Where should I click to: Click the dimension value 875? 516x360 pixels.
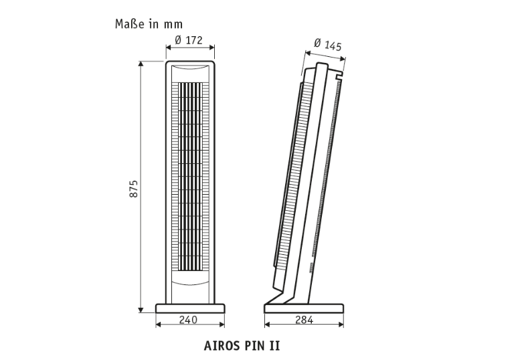point(133,189)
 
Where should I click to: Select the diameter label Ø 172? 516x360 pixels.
point(189,40)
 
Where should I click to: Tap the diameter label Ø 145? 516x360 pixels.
point(328,45)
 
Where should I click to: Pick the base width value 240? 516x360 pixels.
point(188,320)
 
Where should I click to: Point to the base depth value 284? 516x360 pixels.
point(304,320)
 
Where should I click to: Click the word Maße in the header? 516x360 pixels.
point(131,24)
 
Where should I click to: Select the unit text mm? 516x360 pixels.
point(173,25)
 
